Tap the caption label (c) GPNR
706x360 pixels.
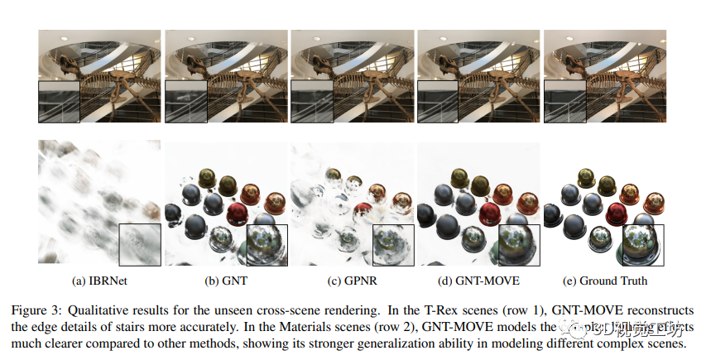coord(352,281)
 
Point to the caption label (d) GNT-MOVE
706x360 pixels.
coord(478,281)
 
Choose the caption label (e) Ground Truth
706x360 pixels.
coord(604,281)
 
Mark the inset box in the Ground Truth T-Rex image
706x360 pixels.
coord(564,103)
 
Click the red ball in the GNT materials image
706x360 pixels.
coord(243,209)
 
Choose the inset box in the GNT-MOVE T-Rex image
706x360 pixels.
coord(437,103)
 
